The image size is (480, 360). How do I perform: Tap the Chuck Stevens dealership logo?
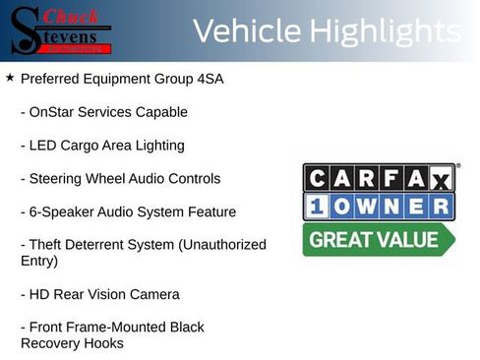[61, 30]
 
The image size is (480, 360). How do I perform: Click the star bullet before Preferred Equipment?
[9, 77]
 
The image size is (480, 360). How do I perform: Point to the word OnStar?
[56, 112]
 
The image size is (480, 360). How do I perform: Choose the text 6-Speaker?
[63, 211]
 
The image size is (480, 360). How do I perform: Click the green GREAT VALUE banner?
[377, 239]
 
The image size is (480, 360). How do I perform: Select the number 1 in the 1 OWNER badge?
[318, 207]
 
